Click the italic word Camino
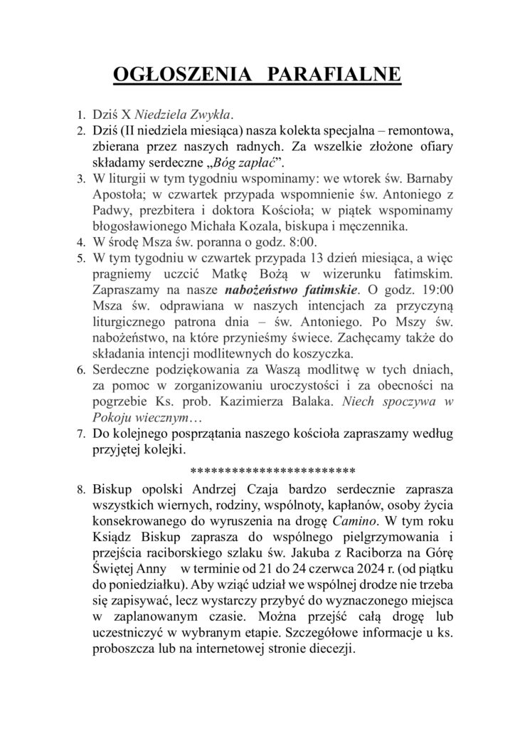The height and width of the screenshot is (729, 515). [x=355, y=522]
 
